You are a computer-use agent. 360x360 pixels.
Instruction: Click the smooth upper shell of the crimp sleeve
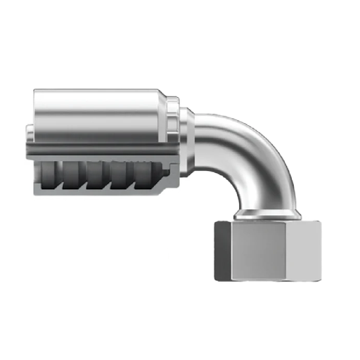tap(98, 112)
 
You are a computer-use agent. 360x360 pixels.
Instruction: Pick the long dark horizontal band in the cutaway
tap(98, 149)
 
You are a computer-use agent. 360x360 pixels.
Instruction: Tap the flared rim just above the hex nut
tap(268, 214)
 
